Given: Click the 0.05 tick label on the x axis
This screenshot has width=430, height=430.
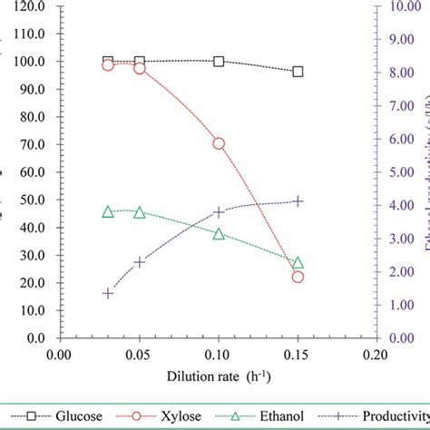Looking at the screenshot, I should (139, 354).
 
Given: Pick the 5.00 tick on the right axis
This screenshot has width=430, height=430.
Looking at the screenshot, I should (403, 171).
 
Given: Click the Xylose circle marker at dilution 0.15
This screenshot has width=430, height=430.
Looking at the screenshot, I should (298, 277).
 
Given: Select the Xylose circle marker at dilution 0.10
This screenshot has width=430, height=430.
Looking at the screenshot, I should (219, 143).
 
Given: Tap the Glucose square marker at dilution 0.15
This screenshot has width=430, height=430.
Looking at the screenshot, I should (298, 71).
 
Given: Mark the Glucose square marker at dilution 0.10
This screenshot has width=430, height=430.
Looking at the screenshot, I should (219, 62).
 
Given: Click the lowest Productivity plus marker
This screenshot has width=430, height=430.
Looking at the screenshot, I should (108, 293).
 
